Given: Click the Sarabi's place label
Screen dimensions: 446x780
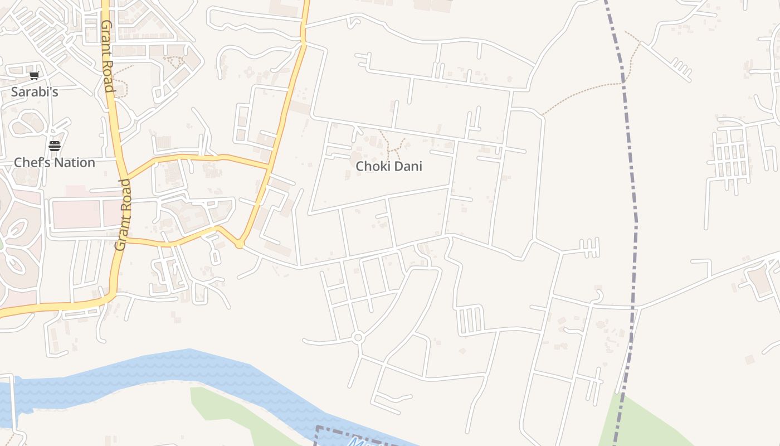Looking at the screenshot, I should tap(35, 92).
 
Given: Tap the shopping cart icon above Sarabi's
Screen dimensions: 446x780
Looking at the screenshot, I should tap(35, 76).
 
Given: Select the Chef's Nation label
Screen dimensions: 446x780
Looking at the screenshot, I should tap(55, 163).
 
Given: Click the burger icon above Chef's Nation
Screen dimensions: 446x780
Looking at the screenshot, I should tap(55, 146).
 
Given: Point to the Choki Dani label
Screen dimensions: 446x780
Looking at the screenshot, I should tap(389, 166).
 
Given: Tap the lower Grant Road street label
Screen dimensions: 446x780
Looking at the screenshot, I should tap(123, 215).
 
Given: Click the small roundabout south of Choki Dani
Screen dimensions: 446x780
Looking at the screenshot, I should tap(358, 337).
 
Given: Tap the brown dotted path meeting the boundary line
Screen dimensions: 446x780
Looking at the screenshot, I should tap(585, 92).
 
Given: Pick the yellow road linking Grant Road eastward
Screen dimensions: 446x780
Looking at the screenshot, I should tap(195, 158).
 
